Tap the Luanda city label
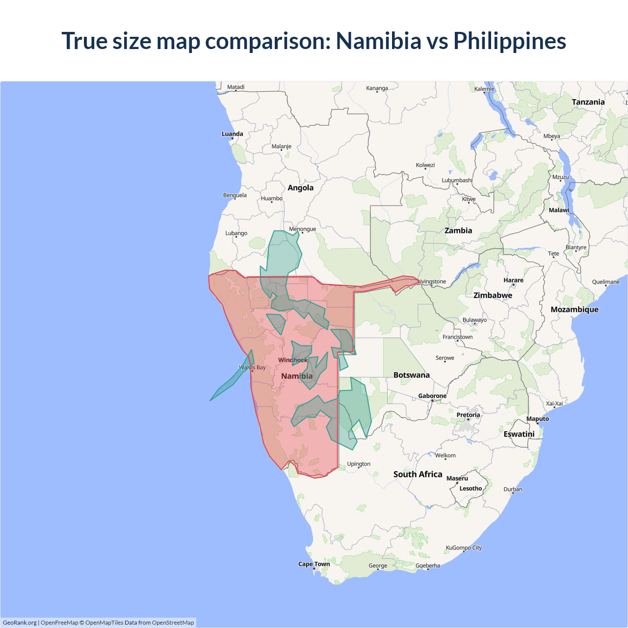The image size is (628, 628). tap(232, 134)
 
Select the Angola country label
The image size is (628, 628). tap(300, 188)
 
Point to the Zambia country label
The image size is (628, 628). tap(458, 231)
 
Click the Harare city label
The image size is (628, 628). tap(513, 280)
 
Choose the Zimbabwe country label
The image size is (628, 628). tap(493, 295)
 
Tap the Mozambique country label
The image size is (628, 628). tap(574, 310)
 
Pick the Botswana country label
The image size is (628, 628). tap(411, 375)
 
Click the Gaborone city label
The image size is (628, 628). tap(432, 396)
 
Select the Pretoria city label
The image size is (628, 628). tap(468, 415)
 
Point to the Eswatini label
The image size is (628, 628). tap(519, 434)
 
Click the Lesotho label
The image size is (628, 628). tap(471, 489)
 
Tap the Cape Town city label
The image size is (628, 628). tap(314, 564)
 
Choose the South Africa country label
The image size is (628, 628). tap(418, 474)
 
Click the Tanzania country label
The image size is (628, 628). tap(588, 102)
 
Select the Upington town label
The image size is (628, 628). tap(359, 464)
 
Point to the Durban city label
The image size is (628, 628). tap(513, 490)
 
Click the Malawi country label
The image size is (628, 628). tap(559, 210)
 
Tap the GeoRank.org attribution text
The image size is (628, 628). tap(20, 623)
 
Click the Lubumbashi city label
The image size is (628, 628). tap(457, 181)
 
